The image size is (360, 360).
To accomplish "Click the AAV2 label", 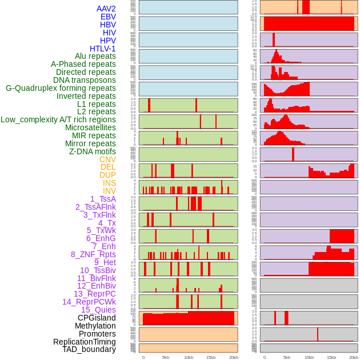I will [x=106, y=9].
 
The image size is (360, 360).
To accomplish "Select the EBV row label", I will [x=108, y=17].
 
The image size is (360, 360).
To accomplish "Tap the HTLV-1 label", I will [x=102, y=49].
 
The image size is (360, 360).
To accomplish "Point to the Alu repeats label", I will [x=95, y=56].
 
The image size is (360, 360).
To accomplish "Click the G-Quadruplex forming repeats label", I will [x=61, y=88].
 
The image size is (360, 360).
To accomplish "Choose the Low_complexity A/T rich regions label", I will [x=58, y=119].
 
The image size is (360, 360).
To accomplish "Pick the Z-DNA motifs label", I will [x=92, y=151].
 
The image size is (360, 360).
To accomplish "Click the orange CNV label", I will [x=107, y=159].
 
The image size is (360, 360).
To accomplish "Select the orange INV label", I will [x=109, y=191].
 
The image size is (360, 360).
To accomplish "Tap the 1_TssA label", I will [x=103, y=199].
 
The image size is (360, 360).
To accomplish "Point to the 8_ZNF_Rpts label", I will [x=93, y=254].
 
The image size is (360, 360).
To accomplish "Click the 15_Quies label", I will [x=98, y=310].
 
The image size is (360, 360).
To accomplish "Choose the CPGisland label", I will [x=97, y=318].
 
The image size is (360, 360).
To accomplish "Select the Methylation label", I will [x=95, y=326].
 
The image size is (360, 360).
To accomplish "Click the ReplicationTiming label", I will [x=84, y=342].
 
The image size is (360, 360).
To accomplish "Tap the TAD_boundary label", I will [x=89, y=349].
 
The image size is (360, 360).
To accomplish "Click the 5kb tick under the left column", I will [x=166, y=357].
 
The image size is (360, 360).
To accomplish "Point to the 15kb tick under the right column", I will [x=331, y=357].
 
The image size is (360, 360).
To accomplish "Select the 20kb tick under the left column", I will [x=233, y=357].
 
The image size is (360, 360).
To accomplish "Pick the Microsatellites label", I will [x=90, y=127].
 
